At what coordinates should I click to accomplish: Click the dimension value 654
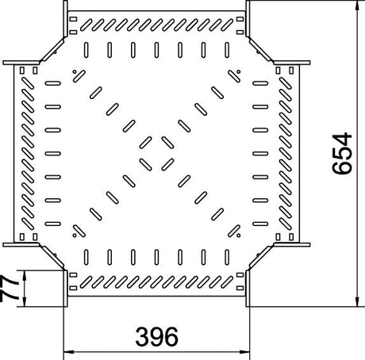(x=343, y=154)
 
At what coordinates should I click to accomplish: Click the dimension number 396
(x=156, y=337)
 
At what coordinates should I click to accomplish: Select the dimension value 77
(x=9, y=289)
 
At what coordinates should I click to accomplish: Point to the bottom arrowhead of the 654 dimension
(x=357, y=302)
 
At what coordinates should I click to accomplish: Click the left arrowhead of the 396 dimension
(x=68, y=352)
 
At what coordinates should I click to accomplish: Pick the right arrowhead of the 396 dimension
(x=245, y=352)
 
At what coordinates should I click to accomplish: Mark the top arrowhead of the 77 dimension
(x=25, y=275)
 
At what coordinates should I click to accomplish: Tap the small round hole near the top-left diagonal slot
(x=75, y=71)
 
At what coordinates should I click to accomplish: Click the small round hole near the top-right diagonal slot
(x=239, y=71)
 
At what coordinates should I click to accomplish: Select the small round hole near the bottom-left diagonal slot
(x=75, y=236)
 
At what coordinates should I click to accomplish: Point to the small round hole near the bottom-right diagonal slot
(x=239, y=236)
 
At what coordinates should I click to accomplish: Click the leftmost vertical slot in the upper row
(x=86, y=50)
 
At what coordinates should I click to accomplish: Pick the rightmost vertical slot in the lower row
(x=227, y=257)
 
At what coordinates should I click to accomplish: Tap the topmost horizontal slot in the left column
(x=53, y=83)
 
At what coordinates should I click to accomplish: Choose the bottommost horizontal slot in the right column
(x=260, y=224)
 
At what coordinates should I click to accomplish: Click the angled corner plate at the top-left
(x=52, y=50)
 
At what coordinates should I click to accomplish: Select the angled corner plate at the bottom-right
(x=260, y=257)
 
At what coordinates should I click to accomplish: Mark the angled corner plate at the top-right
(x=260, y=50)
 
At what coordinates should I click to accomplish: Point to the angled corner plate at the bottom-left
(x=52, y=257)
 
